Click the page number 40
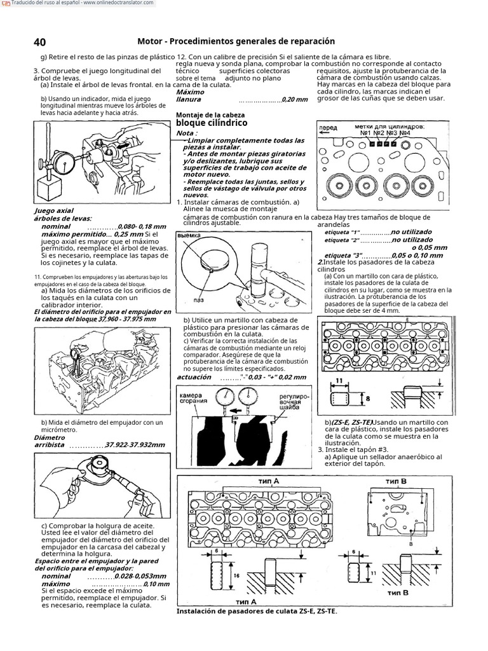tap(39, 42)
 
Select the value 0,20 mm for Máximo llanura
tap(295, 100)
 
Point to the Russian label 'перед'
tap(328, 127)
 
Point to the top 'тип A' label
tap(269, 481)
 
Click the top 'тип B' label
tap(395, 481)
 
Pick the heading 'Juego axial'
tap(54, 210)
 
